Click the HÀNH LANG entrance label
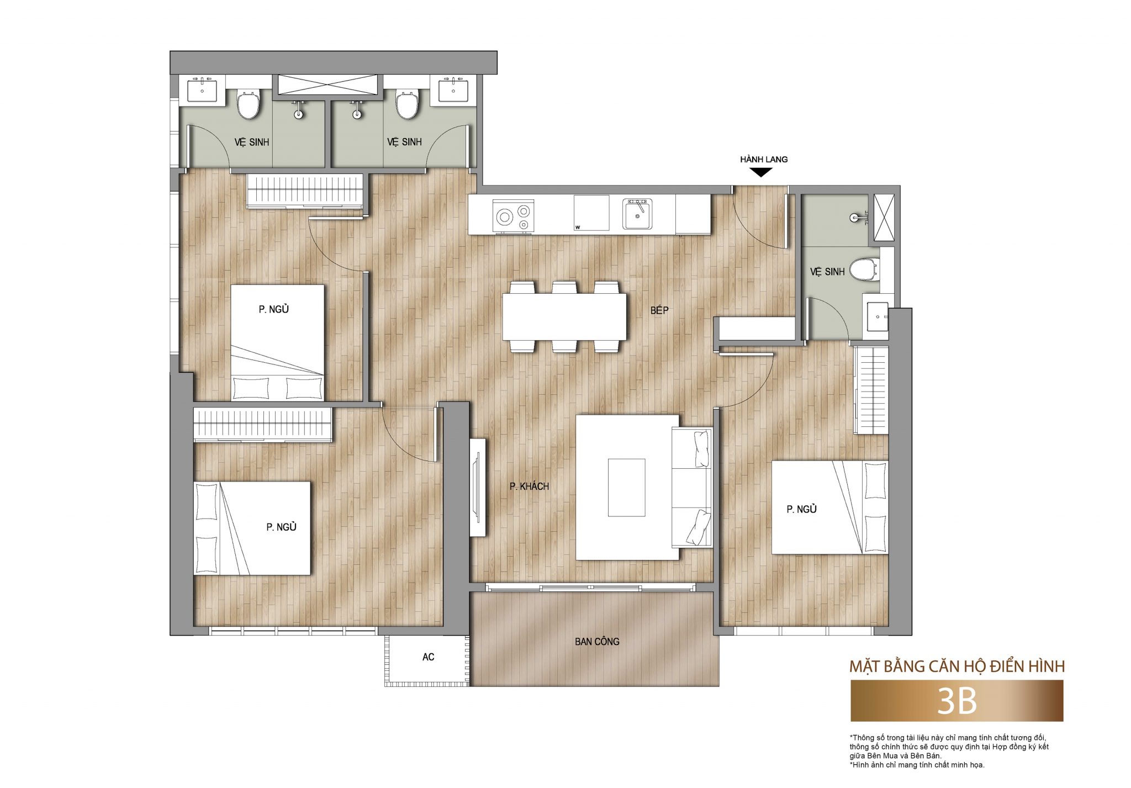coord(764,160)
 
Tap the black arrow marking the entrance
coord(761,172)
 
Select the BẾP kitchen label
coord(659,310)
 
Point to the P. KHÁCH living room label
coord(529,486)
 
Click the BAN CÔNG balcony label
coord(597,642)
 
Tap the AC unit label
coord(428,657)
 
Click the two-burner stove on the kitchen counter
coord(513,216)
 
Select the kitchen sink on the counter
coord(637,214)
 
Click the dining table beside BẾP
coord(564,317)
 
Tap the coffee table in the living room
coord(626,488)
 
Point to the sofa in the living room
coord(691,487)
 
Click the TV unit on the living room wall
coord(477,487)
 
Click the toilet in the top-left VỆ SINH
coord(248,104)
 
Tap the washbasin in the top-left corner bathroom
coord(202,90)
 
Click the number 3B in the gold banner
coord(957,701)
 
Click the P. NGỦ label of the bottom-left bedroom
coord(281,527)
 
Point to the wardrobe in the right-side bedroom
coord(871,390)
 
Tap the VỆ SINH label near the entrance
coord(827,272)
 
